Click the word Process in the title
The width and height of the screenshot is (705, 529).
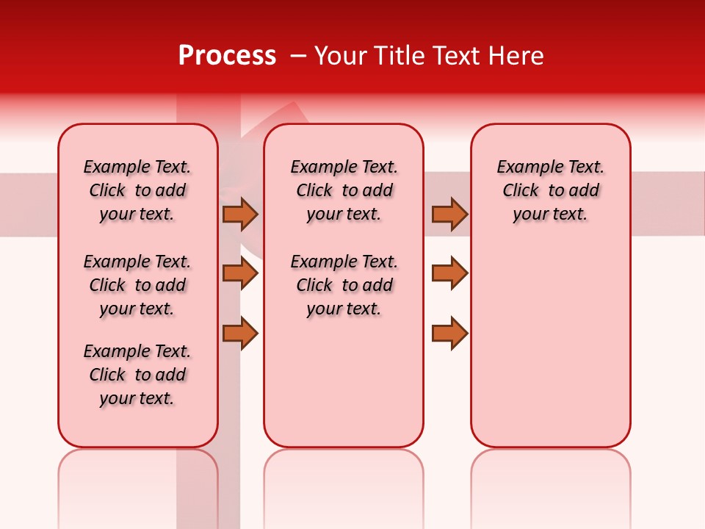click(x=227, y=56)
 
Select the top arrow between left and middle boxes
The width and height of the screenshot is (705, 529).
click(x=240, y=214)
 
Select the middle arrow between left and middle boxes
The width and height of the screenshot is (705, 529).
click(x=240, y=273)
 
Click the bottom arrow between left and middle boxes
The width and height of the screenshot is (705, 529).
click(x=240, y=333)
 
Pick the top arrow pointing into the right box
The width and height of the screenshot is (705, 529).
click(x=449, y=214)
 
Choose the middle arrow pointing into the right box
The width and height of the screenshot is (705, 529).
click(x=449, y=273)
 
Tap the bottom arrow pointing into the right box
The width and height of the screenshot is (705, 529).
click(x=449, y=333)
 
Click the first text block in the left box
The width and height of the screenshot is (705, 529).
click(x=137, y=190)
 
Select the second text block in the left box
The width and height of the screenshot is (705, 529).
click(x=137, y=285)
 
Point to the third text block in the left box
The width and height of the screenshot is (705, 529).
click(x=137, y=375)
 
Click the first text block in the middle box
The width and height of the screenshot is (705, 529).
click(x=344, y=190)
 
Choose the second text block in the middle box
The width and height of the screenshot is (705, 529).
click(x=344, y=285)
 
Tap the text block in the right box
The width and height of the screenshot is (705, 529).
click(x=550, y=190)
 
